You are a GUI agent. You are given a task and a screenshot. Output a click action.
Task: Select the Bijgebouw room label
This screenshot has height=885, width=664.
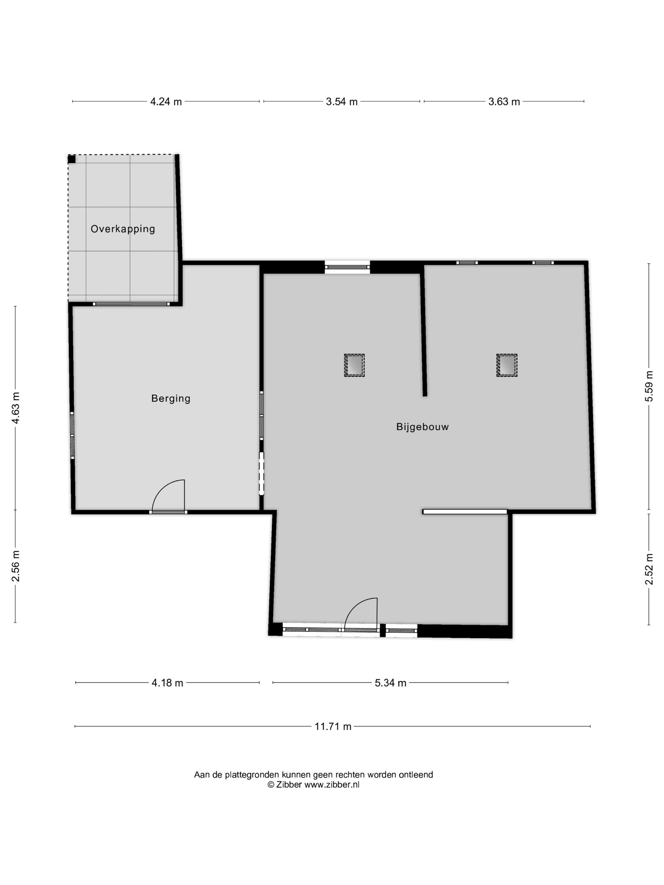(422, 427)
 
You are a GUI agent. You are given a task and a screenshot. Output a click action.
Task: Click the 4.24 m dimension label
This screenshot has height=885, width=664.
(166, 102)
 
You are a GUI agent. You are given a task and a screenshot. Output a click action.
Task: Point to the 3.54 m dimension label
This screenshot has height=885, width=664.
(341, 102)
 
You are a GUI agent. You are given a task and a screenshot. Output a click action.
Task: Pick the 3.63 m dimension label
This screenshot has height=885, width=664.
(504, 102)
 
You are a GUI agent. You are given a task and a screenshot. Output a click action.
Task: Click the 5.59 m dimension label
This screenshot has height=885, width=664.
(649, 386)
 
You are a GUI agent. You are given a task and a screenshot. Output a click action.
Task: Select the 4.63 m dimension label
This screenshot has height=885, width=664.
(15, 408)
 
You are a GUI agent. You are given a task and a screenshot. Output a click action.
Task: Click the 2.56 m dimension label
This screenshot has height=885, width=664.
(15, 566)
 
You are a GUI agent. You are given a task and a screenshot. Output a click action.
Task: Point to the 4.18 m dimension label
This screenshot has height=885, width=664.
(167, 683)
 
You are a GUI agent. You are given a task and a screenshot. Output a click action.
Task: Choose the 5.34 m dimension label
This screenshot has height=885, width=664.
(390, 683)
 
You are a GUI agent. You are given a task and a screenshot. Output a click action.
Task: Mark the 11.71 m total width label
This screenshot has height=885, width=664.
(333, 727)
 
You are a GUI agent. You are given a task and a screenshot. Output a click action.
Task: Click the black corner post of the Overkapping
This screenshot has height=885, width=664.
(72, 159)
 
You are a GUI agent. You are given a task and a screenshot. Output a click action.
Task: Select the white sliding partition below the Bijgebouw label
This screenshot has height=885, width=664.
(465, 511)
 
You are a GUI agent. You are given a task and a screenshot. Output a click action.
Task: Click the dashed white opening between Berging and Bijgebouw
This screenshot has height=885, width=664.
(262, 473)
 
